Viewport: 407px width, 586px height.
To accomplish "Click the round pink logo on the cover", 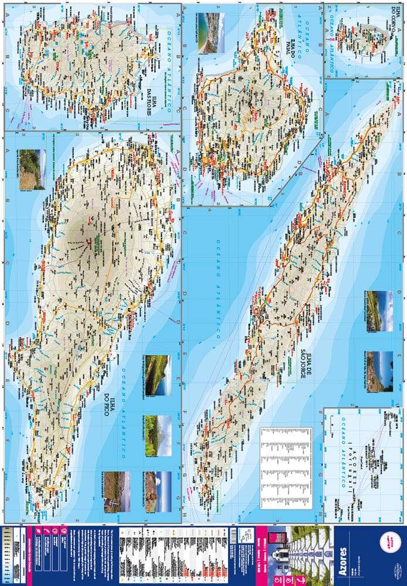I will click(389, 541).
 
